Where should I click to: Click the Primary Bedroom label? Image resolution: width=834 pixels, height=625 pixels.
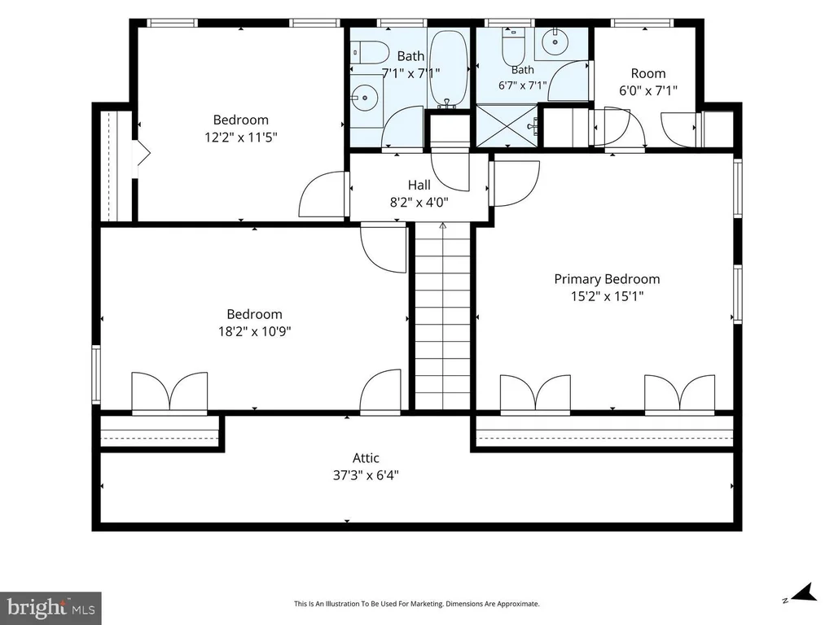[x=607, y=279]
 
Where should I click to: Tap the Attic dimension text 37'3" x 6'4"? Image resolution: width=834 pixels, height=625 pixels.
[x=366, y=475]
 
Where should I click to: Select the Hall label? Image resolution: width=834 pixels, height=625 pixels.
[x=419, y=185]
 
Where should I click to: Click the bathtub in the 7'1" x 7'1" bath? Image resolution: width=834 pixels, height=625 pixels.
[x=449, y=68]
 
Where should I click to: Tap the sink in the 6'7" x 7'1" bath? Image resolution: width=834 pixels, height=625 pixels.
[x=554, y=41]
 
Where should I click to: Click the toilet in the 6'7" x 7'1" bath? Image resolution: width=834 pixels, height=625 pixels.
[x=514, y=45]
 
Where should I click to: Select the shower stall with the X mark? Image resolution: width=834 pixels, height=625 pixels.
[x=507, y=125]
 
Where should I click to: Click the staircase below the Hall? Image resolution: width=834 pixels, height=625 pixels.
[x=442, y=317]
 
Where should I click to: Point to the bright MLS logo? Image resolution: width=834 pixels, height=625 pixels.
[x=50, y=607]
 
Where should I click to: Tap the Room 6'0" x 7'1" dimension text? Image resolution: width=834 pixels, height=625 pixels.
[x=647, y=91]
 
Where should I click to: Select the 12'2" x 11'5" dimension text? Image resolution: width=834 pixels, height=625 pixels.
[x=241, y=138]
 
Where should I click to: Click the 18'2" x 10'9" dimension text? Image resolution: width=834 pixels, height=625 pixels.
[x=254, y=332]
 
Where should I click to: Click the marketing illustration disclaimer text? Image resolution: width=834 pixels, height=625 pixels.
[x=417, y=604]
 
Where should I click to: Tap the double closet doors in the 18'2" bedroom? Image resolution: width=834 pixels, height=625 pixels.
[x=169, y=392]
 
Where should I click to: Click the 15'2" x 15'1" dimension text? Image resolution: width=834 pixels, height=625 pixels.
[x=607, y=296]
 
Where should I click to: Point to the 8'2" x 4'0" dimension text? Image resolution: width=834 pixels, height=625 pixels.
[x=419, y=203]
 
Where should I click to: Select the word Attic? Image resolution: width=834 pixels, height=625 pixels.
[x=366, y=457]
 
